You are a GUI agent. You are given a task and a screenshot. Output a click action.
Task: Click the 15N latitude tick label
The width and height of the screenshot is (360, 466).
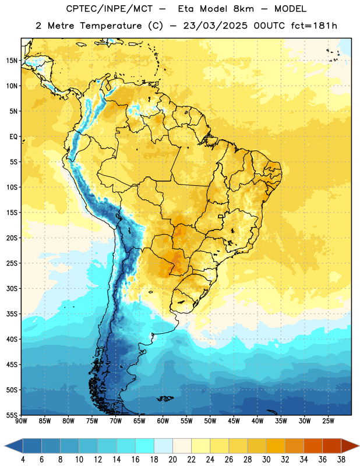click(x=12, y=61)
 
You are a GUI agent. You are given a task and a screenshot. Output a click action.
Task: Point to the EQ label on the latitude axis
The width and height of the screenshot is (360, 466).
click(x=13, y=137)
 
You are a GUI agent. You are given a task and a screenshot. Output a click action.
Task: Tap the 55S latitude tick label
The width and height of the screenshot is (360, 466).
click(x=12, y=415)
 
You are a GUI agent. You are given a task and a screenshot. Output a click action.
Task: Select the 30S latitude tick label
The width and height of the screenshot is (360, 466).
click(x=12, y=288)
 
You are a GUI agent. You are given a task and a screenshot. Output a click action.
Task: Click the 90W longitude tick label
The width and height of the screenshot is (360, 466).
click(x=21, y=421)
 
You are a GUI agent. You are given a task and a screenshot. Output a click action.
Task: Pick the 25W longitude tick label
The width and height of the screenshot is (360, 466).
click(x=328, y=421)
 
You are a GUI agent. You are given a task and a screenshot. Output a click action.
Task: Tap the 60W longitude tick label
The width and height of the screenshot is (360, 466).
click(x=163, y=421)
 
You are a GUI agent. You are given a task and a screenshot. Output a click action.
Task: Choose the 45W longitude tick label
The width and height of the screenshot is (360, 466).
click(x=234, y=421)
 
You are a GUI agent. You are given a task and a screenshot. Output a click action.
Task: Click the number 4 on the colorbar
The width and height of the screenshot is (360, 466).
click(x=23, y=460)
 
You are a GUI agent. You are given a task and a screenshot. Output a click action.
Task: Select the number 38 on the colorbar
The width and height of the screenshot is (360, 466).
click(x=341, y=460)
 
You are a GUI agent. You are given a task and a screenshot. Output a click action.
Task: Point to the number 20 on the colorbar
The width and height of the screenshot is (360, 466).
click(x=172, y=460)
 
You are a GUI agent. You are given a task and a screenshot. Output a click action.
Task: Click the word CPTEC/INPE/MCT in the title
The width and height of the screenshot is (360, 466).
click(x=110, y=9)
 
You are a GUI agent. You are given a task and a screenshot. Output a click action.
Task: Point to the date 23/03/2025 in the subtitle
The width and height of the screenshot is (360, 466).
click(x=215, y=26)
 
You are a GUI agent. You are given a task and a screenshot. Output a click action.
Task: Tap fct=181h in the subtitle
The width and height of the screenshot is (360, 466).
click(x=314, y=26)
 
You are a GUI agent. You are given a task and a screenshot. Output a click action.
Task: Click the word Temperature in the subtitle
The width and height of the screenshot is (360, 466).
click(x=111, y=26)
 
